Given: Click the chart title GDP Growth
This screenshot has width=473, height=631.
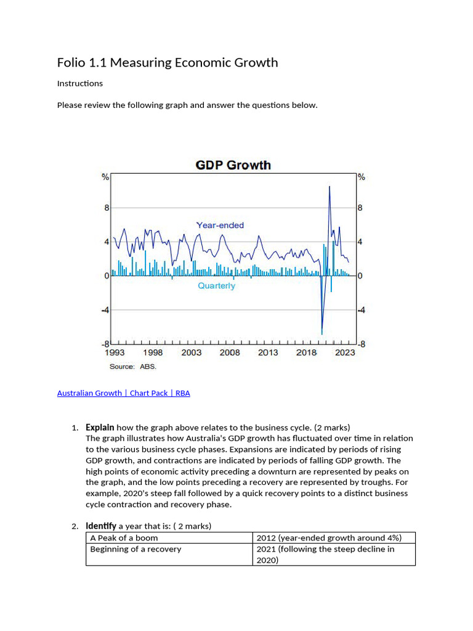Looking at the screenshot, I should tap(233, 165).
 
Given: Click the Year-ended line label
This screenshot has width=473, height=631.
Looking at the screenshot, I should tap(220, 226).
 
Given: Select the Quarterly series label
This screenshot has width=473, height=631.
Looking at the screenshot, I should tap(216, 286).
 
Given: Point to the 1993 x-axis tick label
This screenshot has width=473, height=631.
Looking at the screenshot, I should tap(115, 353).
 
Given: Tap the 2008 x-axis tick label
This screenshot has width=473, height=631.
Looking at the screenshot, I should tap(230, 353).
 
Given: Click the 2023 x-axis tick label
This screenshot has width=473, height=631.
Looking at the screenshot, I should tap(345, 353).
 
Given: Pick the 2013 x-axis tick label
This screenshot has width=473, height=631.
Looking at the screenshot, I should tap(268, 353).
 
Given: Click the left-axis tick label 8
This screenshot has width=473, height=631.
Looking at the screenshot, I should tap(107, 208).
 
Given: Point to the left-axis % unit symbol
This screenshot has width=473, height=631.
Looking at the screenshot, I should tap(106, 177).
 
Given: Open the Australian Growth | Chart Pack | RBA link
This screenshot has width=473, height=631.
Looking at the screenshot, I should tap(123, 393).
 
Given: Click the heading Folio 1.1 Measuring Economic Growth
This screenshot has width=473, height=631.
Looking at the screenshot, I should tap(168, 63).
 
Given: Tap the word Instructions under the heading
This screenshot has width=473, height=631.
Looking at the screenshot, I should tap(80, 83).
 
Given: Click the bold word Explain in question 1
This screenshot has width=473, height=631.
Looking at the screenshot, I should tap(100, 427).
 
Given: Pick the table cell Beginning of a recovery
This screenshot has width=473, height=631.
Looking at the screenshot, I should tap(135, 549).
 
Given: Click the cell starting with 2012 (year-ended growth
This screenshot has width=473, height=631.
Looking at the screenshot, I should tap(328, 538).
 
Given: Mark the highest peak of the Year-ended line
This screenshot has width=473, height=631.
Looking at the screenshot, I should tap(329, 186).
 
